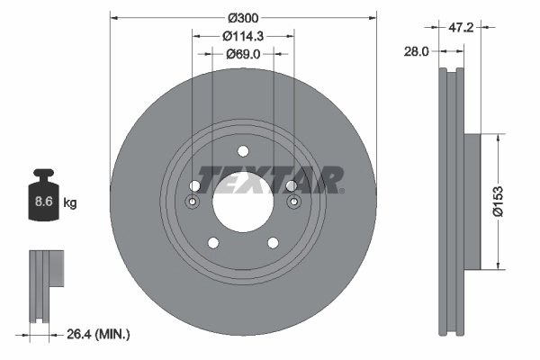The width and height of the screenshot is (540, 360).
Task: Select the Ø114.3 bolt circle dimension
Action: click(x=242, y=36)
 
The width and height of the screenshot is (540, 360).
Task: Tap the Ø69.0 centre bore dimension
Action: click(x=242, y=54)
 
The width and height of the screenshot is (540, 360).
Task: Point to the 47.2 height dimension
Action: click(x=461, y=28)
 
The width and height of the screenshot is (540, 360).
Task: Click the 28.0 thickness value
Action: click(x=417, y=52)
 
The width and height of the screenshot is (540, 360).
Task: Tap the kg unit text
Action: click(x=71, y=203)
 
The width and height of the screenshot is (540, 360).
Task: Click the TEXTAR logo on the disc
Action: click(x=270, y=179)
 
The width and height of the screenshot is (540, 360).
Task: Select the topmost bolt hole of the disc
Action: click(x=242, y=150)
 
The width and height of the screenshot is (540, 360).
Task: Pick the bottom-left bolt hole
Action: click(x=212, y=242)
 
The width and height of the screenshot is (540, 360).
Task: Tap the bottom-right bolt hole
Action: click(x=272, y=242)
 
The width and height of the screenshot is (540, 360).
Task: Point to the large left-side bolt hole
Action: click(x=194, y=184)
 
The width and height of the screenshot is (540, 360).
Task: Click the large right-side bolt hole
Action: click(x=290, y=184)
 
